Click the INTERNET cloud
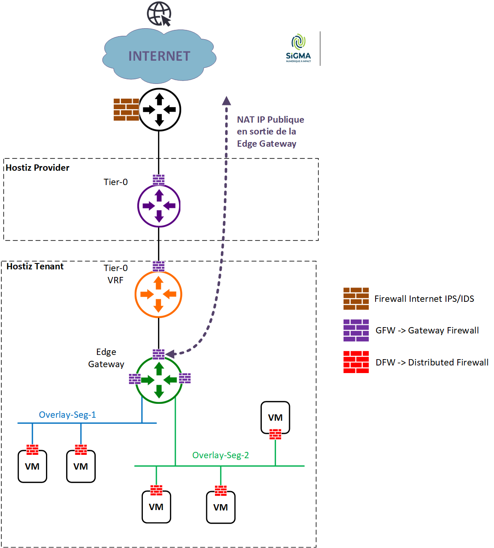pyautogui.click(x=159, y=56)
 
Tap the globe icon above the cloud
pyautogui.click(x=159, y=13)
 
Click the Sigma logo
pyautogui.click(x=298, y=48)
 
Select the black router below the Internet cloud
pyautogui.click(x=159, y=110)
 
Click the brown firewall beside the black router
pyautogui.click(x=126, y=110)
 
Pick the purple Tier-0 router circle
pyautogui.click(x=159, y=206)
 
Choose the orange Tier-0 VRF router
pyautogui.click(x=158, y=294)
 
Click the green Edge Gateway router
pyautogui.click(x=159, y=380)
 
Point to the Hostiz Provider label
pyautogui.click(x=38, y=168)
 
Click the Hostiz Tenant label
pyautogui.click(x=35, y=266)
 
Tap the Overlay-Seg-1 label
pyautogui.click(x=67, y=415)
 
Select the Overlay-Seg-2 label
pyautogui.click(x=220, y=455)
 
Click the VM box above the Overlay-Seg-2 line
pyautogui.click(x=275, y=417)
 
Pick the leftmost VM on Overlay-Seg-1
pyautogui.click(x=32, y=466)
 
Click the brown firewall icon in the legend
pyautogui.click(x=356, y=299)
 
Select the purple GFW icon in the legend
pyautogui.click(x=356, y=330)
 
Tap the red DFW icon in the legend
pyautogui.click(x=356, y=362)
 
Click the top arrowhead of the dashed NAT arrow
pyautogui.click(x=227, y=101)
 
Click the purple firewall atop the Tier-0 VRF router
pyautogui.click(x=158, y=266)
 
